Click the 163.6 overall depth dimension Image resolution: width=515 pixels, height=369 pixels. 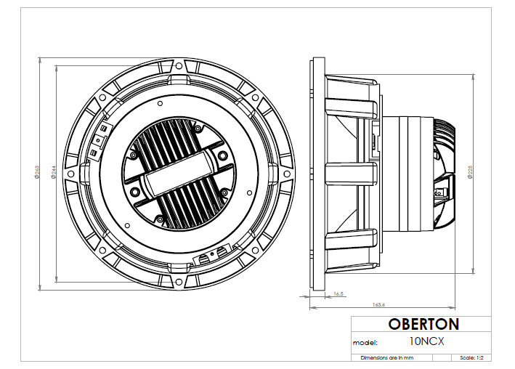click(x=378, y=304)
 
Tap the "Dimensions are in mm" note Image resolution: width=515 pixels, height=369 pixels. click(x=387, y=358)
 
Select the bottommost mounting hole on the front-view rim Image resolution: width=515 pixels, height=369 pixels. click(x=179, y=278)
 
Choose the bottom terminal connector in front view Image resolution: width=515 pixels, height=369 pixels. click(x=208, y=256)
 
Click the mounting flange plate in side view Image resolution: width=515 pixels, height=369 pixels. click(x=317, y=171)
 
